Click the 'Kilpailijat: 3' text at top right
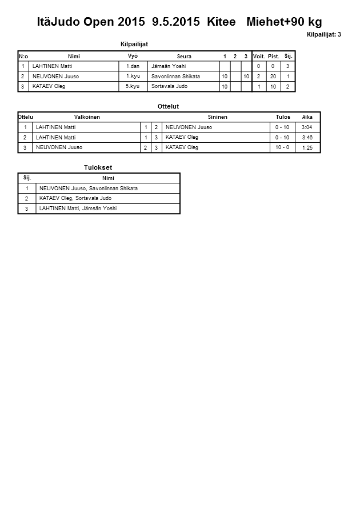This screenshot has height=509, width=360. pos(323,35)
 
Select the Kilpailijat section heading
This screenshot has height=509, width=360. pos(134,45)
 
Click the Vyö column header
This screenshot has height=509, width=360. pos(133,56)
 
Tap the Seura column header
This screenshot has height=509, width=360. pos(184,57)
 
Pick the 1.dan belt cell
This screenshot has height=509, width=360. pos(133,66)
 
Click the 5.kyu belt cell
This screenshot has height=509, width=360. pos(133,86)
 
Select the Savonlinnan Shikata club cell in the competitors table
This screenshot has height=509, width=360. pos(175,77)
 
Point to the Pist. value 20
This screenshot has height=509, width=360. pos(273,77)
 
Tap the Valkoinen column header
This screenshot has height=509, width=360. pos(87,117)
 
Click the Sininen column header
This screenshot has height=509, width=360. pos(217,117)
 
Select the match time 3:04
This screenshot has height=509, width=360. pos(307,127)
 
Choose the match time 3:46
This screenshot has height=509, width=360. pos(307,137)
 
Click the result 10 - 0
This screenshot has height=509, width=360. pos(282,147)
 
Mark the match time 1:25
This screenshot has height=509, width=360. pos(307,147)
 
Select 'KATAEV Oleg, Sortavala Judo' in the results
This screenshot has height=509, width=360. pos(75,198)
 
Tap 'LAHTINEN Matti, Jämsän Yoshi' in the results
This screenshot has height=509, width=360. pos(78,209)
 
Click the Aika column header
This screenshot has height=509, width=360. pos(307,117)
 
